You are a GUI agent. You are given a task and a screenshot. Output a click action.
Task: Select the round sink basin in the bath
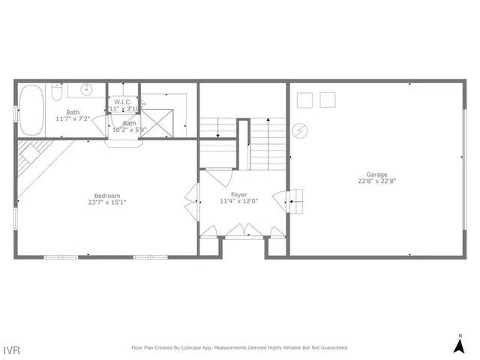pyautogui.click(x=87, y=90)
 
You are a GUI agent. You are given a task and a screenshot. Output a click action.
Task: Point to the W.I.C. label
pyautogui.click(x=123, y=101)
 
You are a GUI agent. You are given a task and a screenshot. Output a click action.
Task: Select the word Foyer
pyautogui.click(x=238, y=194)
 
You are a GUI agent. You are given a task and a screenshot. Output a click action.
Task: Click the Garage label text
pyautogui.click(x=376, y=174)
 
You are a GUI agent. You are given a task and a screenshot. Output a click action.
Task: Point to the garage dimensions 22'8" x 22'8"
pyautogui.click(x=376, y=181)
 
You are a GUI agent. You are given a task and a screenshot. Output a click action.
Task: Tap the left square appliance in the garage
pyautogui.click(x=304, y=99)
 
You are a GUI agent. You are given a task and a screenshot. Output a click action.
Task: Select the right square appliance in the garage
pyautogui.click(x=327, y=99)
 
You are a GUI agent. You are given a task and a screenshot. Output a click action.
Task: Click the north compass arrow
pyautogui.click(x=460, y=345)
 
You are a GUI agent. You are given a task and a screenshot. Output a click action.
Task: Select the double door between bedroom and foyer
pyautogui.click(x=194, y=200)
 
